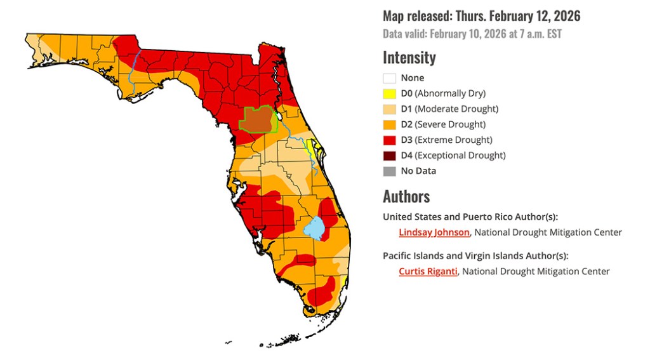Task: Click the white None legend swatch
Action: (389, 78)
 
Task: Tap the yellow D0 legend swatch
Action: (389, 93)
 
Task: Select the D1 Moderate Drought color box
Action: (389, 109)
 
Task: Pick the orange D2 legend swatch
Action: (389, 124)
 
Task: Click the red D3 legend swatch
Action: (389, 140)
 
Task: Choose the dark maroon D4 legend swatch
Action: (389, 156)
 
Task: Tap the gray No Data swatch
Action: (389, 171)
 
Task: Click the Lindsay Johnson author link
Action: (434, 232)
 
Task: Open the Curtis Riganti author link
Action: (428, 271)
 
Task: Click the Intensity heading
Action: (409, 58)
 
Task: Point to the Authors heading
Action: (406, 196)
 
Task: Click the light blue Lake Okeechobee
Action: (314, 227)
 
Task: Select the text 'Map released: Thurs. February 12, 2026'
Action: (481, 16)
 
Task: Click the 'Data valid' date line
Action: (472, 34)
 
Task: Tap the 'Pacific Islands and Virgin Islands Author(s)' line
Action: (475, 256)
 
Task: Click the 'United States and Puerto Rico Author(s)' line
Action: (470, 217)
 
